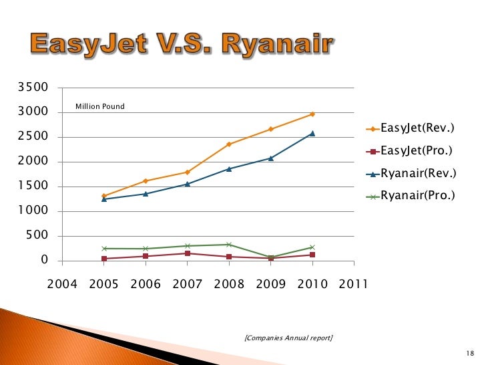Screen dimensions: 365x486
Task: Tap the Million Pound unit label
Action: click(x=99, y=106)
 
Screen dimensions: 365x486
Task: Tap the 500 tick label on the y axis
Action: click(x=37, y=236)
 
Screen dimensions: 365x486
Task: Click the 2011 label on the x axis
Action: click(x=354, y=284)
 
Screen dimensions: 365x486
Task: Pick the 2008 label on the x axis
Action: click(x=229, y=284)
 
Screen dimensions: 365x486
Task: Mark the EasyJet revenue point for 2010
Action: click(x=312, y=114)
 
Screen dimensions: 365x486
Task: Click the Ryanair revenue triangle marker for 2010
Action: click(x=312, y=134)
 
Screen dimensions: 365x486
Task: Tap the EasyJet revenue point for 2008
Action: click(x=229, y=144)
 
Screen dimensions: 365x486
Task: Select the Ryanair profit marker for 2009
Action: click(x=271, y=257)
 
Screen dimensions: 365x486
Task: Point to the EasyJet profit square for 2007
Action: click(x=188, y=253)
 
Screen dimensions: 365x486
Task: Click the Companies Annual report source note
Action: click(x=288, y=338)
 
